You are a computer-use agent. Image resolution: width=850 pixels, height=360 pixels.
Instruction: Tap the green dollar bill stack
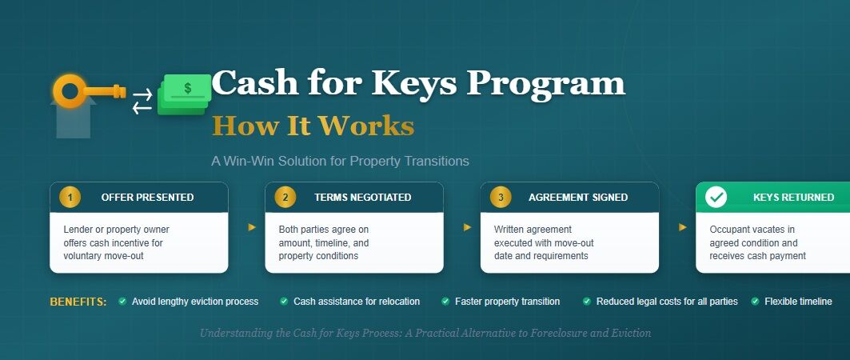tap(184, 94)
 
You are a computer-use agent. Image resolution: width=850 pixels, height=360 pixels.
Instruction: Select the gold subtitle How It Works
tap(313, 126)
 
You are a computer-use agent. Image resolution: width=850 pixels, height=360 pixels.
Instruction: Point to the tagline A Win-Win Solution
tap(340, 161)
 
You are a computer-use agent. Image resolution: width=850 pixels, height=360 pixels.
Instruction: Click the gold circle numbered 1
tap(70, 197)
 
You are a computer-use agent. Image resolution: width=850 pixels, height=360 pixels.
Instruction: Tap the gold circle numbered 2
tap(285, 197)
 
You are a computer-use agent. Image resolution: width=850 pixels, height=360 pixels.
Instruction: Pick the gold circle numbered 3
tap(501, 197)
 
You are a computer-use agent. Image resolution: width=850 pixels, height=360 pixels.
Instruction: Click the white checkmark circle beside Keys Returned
tap(716, 197)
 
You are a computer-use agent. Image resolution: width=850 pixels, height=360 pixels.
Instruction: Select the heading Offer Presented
tap(147, 198)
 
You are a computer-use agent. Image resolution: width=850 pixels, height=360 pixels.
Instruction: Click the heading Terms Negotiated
tap(363, 198)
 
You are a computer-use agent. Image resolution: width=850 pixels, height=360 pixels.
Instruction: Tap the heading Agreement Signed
tap(578, 198)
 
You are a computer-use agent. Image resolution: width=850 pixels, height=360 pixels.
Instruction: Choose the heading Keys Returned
tap(793, 198)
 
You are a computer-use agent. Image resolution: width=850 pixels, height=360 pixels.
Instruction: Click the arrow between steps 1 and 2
tap(252, 227)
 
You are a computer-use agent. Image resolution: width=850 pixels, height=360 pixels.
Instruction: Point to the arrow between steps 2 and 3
tap(467, 227)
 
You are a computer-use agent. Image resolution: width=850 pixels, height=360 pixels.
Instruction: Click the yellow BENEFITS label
tap(78, 302)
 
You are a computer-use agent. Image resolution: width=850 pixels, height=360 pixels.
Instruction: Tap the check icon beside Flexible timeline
tap(755, 302)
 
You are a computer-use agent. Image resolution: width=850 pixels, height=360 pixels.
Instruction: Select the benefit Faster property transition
tap(508, 302)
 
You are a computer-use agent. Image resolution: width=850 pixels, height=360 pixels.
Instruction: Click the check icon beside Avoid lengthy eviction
tap(122, 302)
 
